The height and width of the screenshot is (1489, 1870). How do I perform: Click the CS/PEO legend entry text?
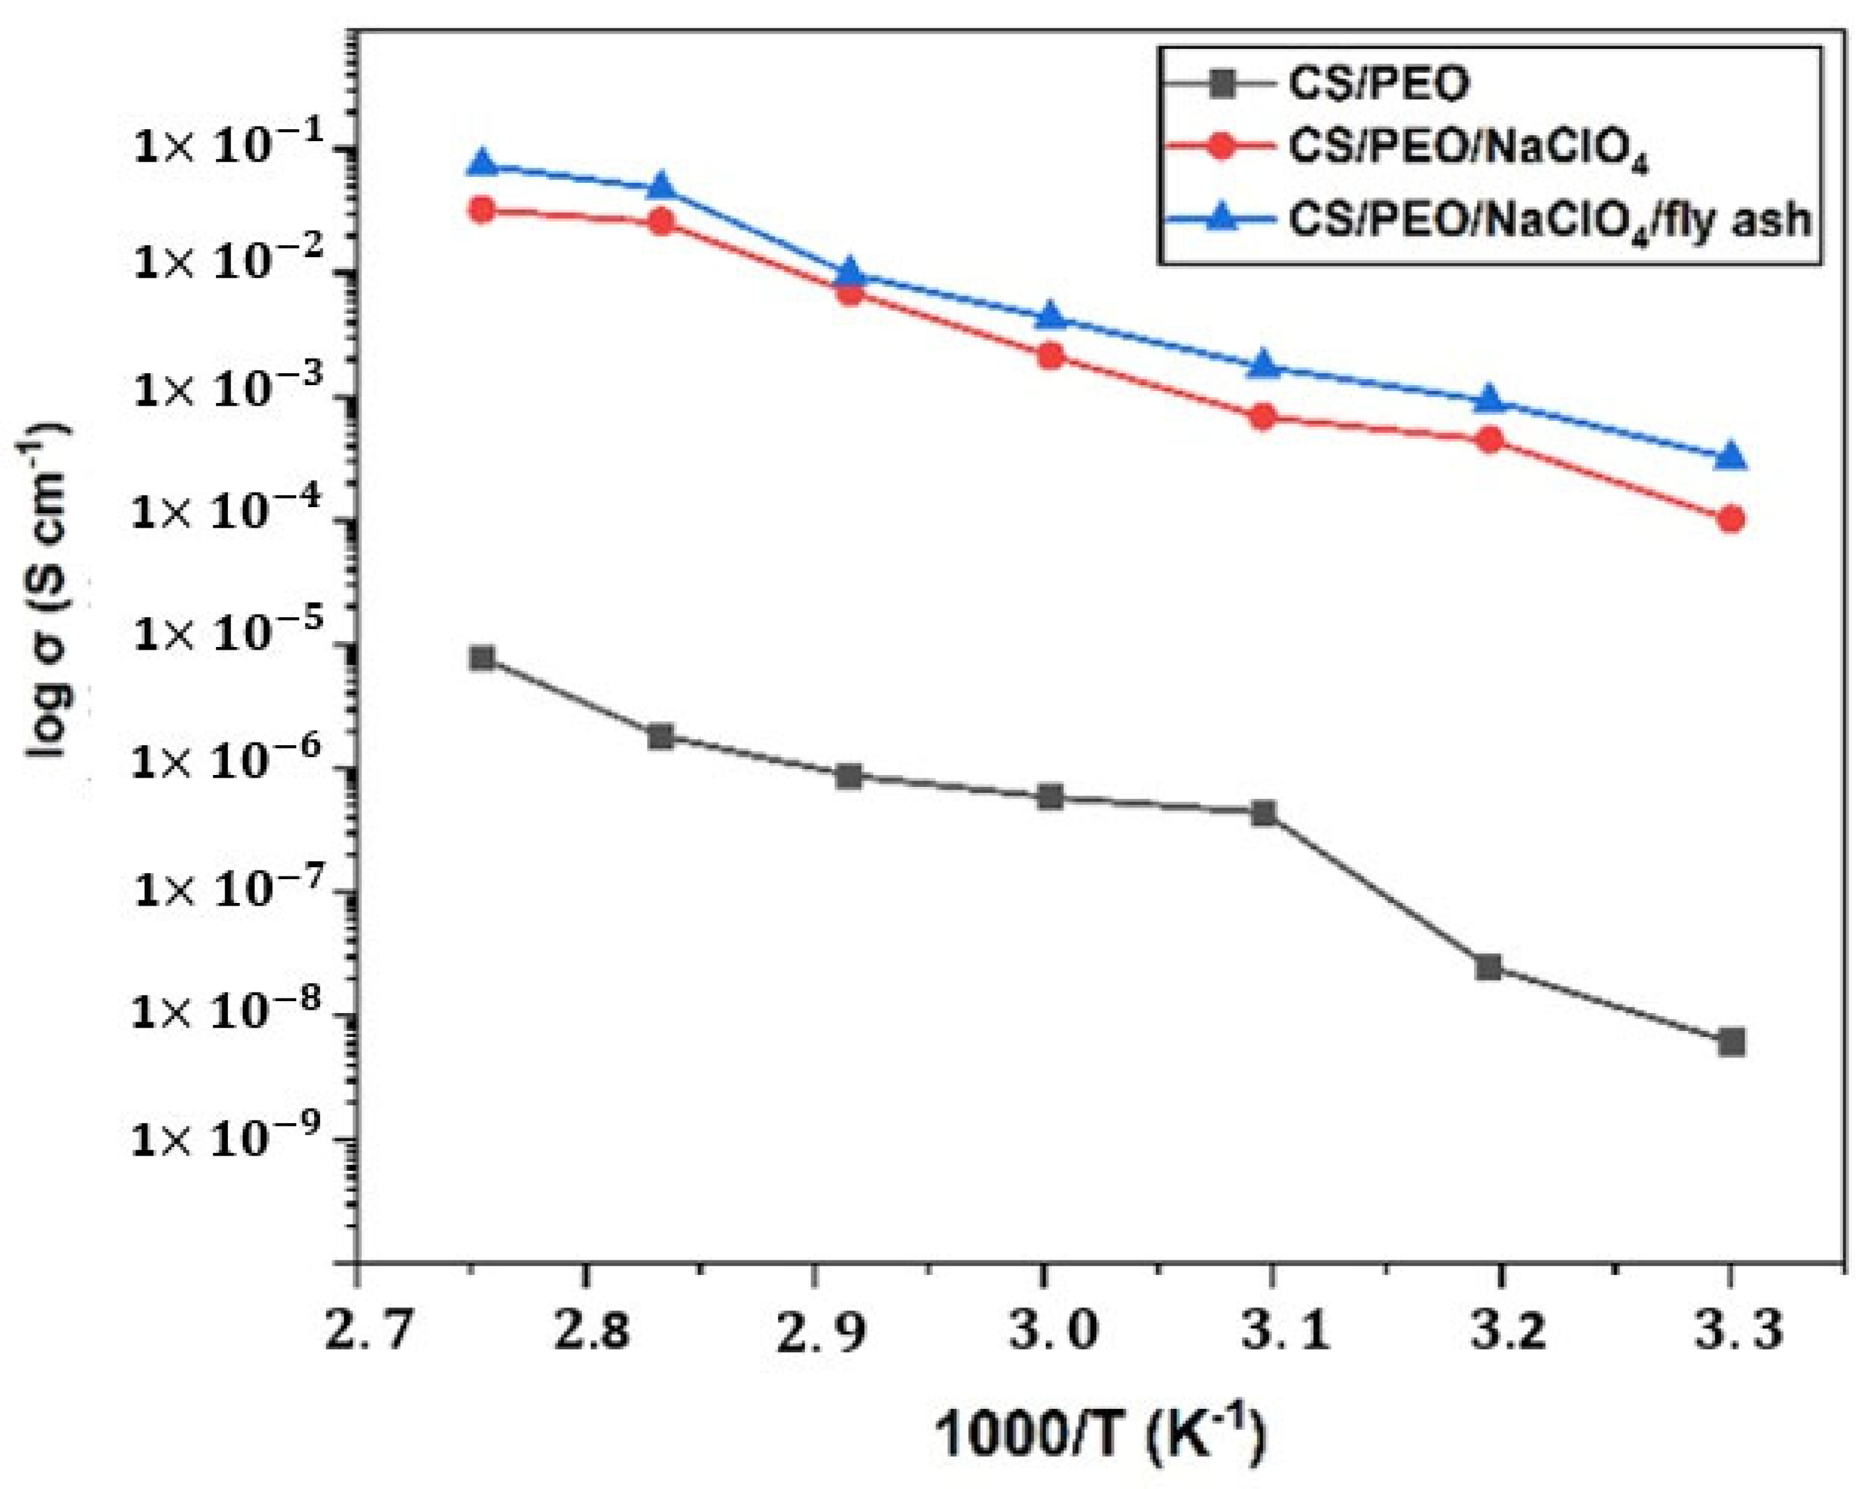[x=1379, y=85]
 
